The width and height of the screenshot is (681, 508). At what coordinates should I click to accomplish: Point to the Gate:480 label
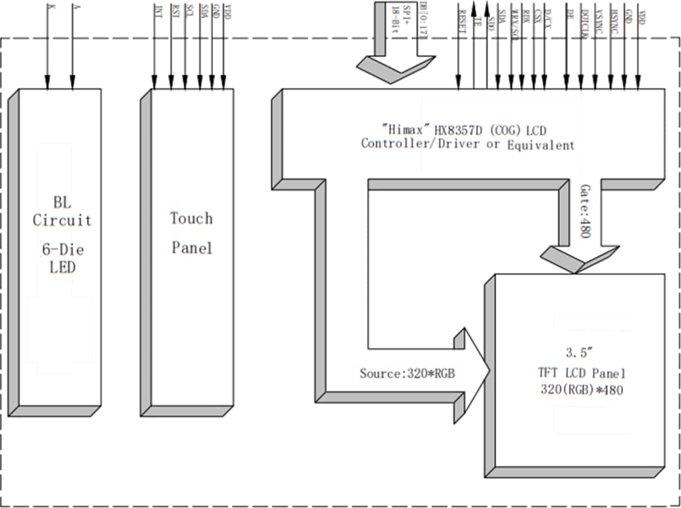pos(585,211)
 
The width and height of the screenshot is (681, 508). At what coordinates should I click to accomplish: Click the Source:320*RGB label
pos(407,373)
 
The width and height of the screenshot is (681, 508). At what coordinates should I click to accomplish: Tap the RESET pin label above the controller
pos(462,16)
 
